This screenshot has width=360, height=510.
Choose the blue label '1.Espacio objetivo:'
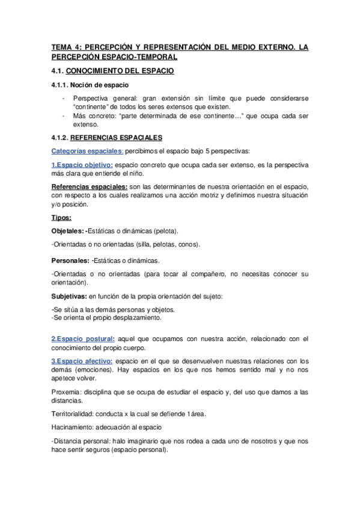point(82,164)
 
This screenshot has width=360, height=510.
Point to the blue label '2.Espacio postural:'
point(83,339)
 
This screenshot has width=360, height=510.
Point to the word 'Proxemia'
point(66,392)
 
